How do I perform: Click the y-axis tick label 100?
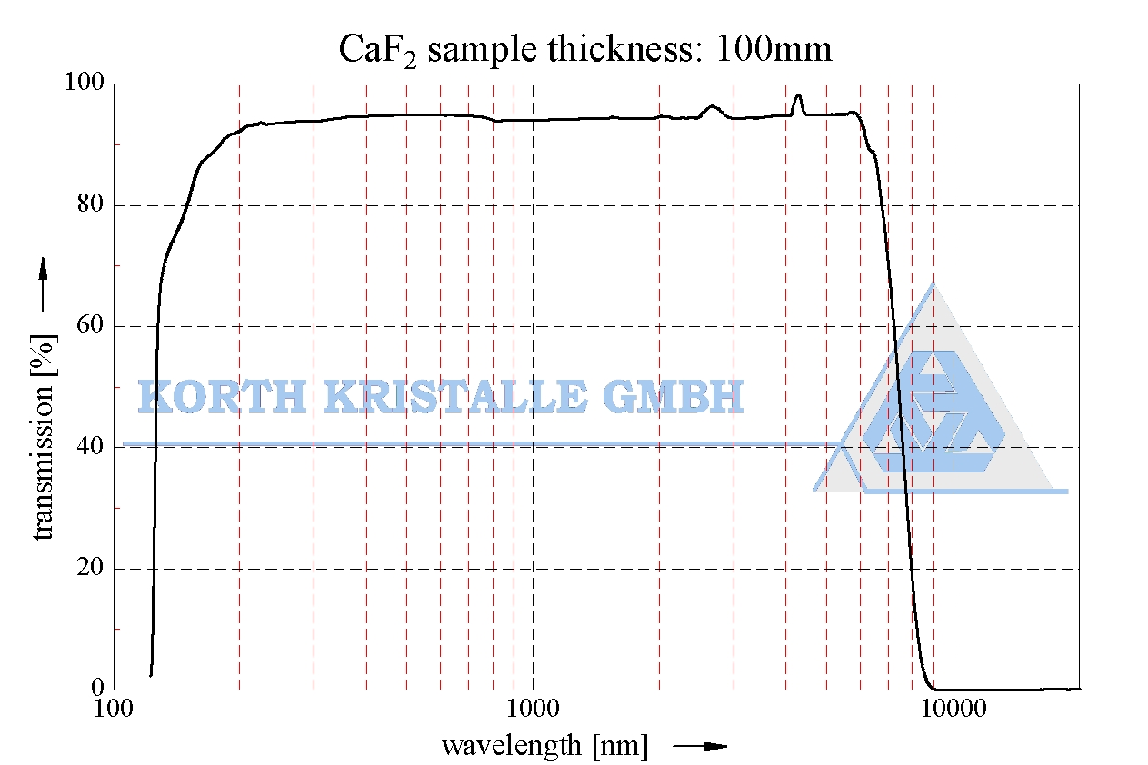pos(85,84)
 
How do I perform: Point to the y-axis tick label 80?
pos(90,205)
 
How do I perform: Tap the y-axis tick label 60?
pos(90,326)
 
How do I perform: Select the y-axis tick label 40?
pos(90,447)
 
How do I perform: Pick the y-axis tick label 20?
pos(90,569)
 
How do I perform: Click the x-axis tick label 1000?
pos(533,709)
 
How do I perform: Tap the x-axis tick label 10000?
pos(953,709)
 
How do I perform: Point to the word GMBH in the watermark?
pos(672,397)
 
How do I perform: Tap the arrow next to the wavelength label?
pos(701,747)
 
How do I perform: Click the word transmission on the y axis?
pos(45,436)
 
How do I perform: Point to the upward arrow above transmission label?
pos(43,283)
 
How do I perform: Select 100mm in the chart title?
pos(774,48)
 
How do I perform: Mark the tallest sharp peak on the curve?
pos(798,96)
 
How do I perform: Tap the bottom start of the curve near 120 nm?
pos(151,673)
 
